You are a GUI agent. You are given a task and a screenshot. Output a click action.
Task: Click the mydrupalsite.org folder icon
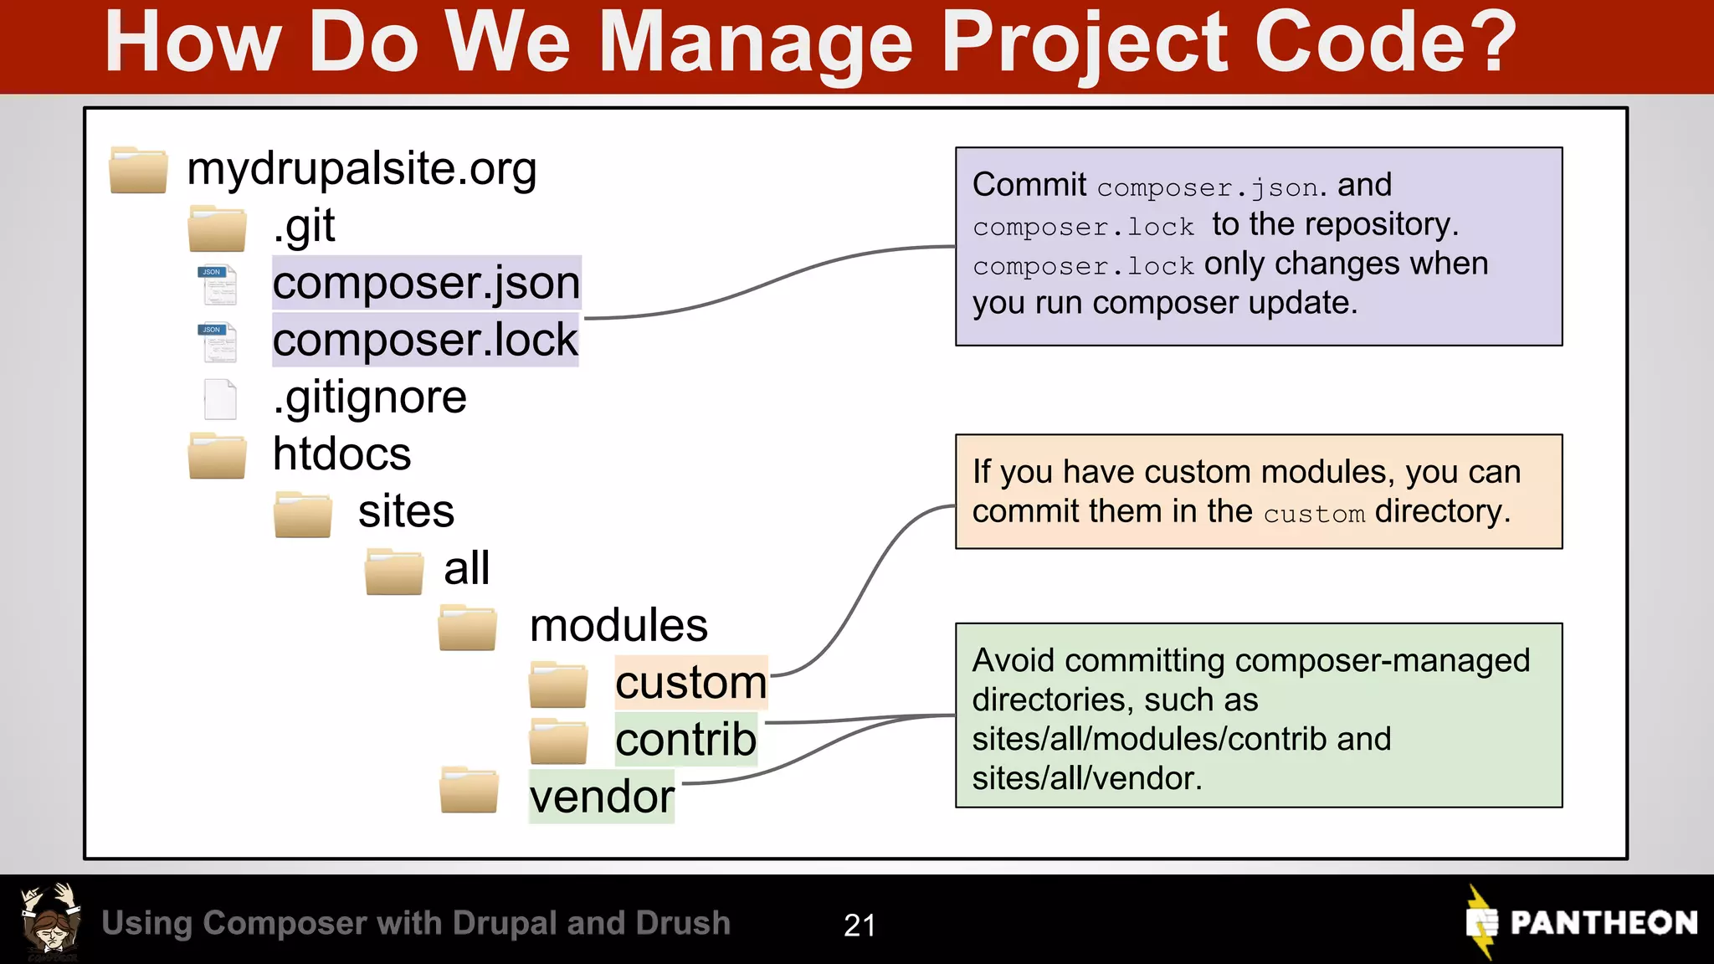[x=138, y=170]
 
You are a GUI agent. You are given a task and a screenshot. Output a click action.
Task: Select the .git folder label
[x=304, y=226]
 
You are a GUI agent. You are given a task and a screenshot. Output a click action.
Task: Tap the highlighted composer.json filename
[x=426, y=283]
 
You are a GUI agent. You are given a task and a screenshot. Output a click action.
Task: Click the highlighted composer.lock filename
[x=425, y=340]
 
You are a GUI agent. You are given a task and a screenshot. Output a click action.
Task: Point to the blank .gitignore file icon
[x=220, y=399]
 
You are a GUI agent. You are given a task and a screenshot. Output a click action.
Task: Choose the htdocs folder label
[x=341, y=454]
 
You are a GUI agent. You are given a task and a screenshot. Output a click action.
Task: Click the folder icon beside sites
[x=303, y=515]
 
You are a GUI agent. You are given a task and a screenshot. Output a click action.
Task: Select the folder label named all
[x=466, y=569]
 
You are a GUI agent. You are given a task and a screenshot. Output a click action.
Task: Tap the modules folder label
[x=618, y=626]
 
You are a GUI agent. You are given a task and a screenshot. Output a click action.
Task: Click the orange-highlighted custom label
[x=690, y=682]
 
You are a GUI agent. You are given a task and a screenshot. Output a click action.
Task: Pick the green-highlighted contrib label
[x=685, y=739]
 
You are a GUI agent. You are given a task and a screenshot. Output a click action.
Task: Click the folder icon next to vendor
[x=469, y=790]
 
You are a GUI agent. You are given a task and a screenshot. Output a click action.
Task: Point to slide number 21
[x=860, y=925]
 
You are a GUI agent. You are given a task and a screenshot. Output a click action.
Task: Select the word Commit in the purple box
[x=1029, y=185]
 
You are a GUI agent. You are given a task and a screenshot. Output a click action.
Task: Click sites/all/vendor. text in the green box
[x=1086, y=778]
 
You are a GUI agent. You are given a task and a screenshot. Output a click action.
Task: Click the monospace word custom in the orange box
[x=1314, y=514]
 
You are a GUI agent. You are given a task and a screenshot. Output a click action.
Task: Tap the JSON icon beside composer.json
[x=218, y=285]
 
